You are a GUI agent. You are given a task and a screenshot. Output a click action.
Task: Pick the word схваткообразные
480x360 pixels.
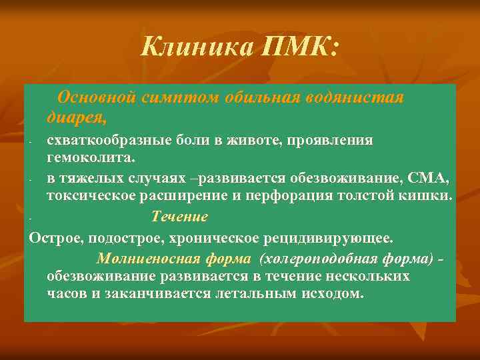tap(104, 140)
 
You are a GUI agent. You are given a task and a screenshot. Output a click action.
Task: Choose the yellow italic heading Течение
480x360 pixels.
tap(180, 217)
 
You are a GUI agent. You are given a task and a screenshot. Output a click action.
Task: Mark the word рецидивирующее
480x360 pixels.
tap(337, 238)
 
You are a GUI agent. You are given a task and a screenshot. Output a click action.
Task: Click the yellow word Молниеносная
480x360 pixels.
tap(138, 259)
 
